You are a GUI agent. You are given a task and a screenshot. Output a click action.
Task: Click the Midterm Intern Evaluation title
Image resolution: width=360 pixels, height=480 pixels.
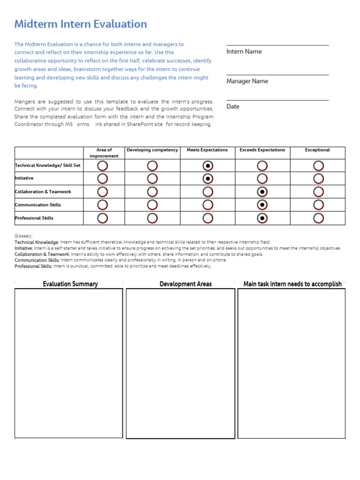(81, 24)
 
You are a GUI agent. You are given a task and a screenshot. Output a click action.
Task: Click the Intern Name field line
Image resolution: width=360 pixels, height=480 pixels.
(277, 45)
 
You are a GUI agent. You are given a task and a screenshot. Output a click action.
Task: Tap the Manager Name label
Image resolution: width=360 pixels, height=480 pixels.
(247, 81)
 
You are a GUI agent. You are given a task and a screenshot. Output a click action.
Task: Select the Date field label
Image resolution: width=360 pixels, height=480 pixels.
(233, 106)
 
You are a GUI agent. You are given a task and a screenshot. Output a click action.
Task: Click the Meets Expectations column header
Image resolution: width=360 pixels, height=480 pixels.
(207, 150)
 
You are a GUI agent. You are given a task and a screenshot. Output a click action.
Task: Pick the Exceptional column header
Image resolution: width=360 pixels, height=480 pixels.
(317, 150)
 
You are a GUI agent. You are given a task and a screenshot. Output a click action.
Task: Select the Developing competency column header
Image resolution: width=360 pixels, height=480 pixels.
(152, 150)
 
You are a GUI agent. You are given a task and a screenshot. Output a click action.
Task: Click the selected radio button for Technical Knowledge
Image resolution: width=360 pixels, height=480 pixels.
(208, 165)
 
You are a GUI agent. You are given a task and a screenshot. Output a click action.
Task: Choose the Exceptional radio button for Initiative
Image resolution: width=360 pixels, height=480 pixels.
(318, 179)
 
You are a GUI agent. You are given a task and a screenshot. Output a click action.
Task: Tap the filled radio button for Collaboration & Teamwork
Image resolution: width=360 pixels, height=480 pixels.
(263, 192)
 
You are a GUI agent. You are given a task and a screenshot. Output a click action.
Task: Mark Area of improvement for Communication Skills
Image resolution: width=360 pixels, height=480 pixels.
(102, 205)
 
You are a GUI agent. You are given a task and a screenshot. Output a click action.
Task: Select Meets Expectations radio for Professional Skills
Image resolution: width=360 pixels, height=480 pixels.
(208, 218)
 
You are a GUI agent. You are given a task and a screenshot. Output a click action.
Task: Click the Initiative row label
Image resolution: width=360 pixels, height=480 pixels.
(24, 179)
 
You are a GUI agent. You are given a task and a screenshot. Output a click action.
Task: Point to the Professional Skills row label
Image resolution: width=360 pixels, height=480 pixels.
(34, 218)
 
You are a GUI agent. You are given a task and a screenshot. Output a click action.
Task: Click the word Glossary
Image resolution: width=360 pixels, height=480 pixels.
(23, 236)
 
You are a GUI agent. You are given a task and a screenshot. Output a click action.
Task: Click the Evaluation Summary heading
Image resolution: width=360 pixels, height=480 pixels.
(70, 284)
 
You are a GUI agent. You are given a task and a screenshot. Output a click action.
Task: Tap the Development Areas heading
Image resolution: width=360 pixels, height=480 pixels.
(186, 284)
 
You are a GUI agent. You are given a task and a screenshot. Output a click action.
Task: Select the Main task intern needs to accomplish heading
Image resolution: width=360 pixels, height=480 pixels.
(292, 284)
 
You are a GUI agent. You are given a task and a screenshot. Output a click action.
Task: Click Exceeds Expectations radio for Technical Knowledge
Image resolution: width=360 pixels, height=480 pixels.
(262, 165)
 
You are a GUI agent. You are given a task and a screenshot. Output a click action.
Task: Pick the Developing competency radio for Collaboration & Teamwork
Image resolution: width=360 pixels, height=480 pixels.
(152, 192)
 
